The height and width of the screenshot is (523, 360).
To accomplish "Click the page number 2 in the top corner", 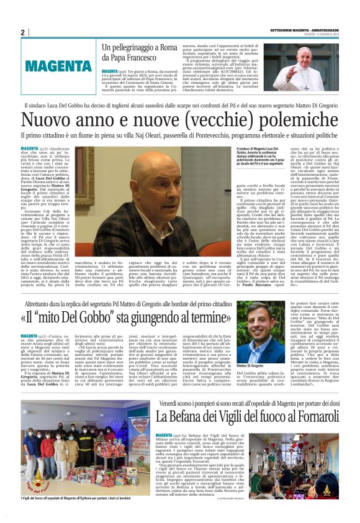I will (22, 32).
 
